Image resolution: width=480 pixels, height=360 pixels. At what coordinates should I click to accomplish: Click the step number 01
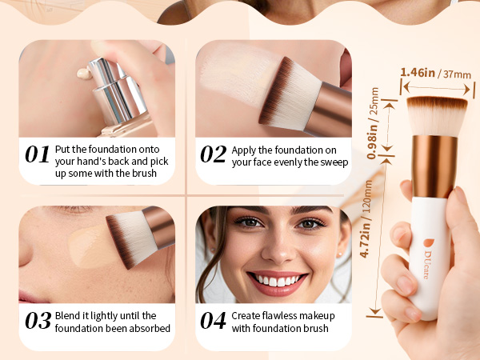[x=37, y=154]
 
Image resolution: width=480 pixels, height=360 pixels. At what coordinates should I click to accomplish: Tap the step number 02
[x=214, y=154]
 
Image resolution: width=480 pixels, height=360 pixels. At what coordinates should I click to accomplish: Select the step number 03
[x=38, y=321]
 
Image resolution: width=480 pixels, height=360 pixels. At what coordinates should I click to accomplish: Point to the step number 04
[x=213, y=321]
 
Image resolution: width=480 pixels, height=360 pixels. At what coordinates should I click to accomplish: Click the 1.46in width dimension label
[x=418, y=72]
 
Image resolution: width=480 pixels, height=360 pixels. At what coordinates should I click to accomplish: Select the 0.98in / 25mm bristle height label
[x=373, y=123]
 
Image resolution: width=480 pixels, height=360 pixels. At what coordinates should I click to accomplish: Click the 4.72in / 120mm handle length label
[x=366, y=219]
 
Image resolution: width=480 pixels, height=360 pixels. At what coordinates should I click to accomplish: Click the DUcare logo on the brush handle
[x=428, y=258]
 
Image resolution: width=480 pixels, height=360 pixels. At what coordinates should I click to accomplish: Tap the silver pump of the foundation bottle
[x=116, y=88]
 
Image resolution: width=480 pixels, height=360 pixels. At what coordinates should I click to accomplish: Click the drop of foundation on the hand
[x=84, y=74]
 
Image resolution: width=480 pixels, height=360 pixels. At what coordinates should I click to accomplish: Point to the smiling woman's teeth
[x=278, y=280]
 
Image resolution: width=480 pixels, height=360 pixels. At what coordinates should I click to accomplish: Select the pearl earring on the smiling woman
[x=339, y=254]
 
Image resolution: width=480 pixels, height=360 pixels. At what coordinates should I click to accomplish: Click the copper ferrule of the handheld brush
[x=434, y=166]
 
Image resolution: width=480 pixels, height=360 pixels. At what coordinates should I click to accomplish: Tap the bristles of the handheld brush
[x=436, y=116]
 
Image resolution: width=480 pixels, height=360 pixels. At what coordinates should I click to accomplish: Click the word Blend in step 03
[x=68, y=315]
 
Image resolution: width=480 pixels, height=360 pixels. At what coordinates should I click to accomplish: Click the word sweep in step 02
[x=334, y=162]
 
